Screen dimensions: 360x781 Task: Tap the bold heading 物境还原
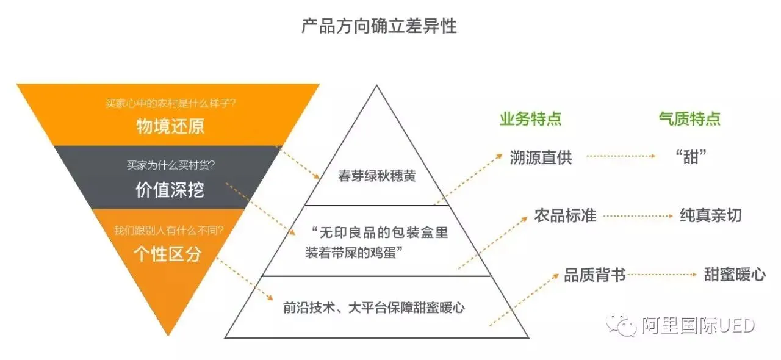(170, 126)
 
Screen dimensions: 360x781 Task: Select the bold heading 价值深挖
(170, 190)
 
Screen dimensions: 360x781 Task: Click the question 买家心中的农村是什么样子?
(170, 104)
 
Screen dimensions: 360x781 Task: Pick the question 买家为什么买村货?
(170, 165)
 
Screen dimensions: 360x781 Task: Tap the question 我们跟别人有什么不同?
(168, 231)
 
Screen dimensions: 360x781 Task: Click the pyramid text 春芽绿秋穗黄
(377, 177)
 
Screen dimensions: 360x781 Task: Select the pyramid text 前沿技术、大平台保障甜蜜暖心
(374, 308)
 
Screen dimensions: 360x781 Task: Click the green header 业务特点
(531, 119)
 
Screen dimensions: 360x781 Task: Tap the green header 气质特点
(689, 119)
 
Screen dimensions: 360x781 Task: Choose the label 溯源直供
(541, 157)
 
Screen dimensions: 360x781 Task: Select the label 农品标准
(565, 215)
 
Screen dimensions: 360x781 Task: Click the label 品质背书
(595, 275)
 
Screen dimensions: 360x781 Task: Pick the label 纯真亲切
(711, 215)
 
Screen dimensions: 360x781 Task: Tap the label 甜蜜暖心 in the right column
(735, 275)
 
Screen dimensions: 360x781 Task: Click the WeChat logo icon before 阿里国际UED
(622, 326)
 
